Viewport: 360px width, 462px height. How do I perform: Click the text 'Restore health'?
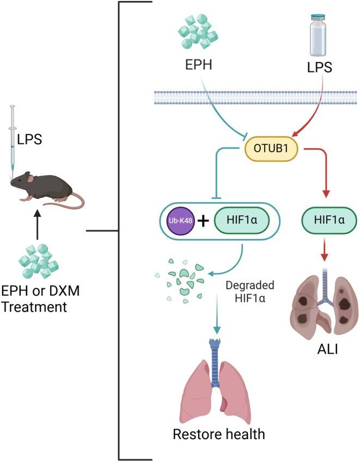click(x=219, y=434)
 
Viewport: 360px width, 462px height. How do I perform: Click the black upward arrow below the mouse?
click(x=38, y=225)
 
